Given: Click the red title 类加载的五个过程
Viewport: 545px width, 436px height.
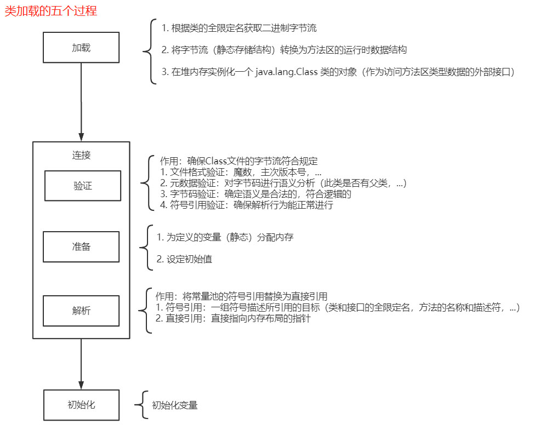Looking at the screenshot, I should [51, 11].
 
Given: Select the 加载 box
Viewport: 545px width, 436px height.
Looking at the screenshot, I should [81, 48].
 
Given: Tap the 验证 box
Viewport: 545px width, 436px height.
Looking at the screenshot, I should [82, 186].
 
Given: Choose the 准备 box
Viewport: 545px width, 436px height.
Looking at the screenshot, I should [81, 246].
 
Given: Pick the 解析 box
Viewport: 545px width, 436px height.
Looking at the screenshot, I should [81, 311].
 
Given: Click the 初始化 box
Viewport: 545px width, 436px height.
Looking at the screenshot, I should [81, 405].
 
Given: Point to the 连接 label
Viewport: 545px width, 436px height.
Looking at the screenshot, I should [81, 155].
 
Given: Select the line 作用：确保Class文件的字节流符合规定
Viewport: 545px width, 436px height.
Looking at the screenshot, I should [239, 162].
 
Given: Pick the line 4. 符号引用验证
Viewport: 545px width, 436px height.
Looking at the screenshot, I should [246, 206].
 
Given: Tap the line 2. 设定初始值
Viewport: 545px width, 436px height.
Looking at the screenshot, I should [184, 259].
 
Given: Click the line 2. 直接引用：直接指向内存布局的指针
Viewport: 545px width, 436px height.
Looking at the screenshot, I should [234, 319].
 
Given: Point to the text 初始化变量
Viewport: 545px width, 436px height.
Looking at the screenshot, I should [174, 405].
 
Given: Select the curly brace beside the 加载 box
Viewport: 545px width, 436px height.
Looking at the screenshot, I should [147, 51].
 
